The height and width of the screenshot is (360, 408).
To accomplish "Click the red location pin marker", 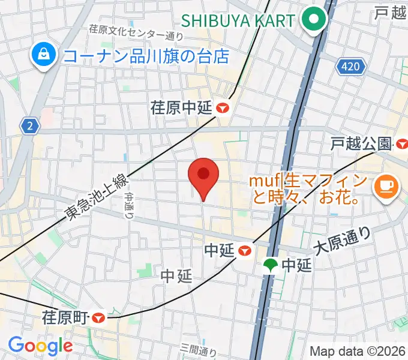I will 203,175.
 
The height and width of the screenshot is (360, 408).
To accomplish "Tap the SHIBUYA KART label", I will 238,20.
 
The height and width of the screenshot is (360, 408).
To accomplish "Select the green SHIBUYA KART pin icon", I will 313,20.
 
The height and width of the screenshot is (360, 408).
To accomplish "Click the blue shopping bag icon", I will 45,56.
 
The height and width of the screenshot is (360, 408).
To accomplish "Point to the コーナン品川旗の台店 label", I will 146,56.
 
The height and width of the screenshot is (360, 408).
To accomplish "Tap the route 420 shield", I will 350,67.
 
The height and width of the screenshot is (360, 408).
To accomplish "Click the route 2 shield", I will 29,126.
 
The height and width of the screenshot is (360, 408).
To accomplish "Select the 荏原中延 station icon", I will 224,108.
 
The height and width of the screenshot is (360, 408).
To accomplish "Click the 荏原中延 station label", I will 182,108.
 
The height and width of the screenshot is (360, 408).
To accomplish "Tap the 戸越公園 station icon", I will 401,144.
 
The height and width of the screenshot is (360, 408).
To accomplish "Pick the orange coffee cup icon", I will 383,187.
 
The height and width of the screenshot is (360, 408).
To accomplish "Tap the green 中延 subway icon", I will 271,265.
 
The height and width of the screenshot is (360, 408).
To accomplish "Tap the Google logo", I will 40,346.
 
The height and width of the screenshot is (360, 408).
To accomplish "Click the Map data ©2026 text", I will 358,351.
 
